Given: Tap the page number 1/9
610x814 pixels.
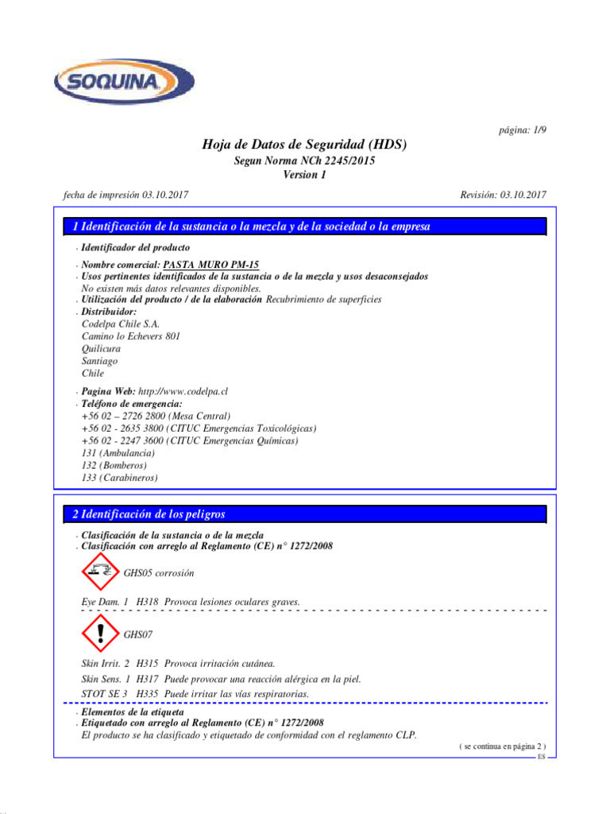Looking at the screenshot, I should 520,130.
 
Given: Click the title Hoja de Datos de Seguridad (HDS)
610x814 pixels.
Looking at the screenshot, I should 304,145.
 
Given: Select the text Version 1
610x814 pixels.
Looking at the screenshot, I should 304,176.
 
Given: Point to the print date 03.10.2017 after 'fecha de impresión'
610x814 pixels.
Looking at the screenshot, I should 166,195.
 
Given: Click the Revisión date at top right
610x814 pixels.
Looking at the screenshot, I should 503,195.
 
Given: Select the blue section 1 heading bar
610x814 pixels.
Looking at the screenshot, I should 304,227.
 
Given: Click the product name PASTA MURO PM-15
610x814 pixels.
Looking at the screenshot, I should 210,265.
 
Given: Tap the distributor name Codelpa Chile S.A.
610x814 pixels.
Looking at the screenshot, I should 121,324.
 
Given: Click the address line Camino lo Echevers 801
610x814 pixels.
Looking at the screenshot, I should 131,336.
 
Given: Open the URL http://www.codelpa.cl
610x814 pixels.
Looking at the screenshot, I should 183,392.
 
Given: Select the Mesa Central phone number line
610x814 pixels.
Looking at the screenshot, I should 156,416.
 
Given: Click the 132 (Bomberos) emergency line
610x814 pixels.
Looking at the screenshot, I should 114,465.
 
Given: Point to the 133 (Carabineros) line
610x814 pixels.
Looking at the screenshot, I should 119,478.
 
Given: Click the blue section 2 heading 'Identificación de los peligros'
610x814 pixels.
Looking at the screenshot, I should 304,514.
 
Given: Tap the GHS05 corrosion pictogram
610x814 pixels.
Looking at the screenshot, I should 99,572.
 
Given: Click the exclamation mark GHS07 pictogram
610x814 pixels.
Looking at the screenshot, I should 99,634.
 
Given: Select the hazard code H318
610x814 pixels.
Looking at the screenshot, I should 147,602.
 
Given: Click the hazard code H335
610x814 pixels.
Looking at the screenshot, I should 147,694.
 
